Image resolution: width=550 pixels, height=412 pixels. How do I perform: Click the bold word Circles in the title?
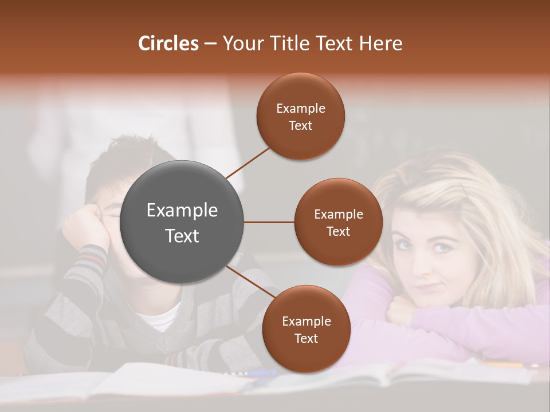tap(168, 43)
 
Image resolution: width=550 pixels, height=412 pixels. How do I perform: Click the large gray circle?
tap(182, 222)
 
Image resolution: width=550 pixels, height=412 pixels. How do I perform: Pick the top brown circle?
tap(301, 117)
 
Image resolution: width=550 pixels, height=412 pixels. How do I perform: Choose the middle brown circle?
tap(338, 222)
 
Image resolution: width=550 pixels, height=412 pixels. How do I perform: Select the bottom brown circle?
tap(306, 329)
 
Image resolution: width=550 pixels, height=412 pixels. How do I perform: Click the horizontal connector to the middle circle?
tap(269, 222)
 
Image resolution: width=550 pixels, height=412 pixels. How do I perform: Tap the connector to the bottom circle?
tap(248, 280)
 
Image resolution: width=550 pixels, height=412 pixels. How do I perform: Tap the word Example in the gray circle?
tap(182, 211)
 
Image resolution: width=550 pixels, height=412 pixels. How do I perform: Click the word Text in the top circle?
tap(301, 125)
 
